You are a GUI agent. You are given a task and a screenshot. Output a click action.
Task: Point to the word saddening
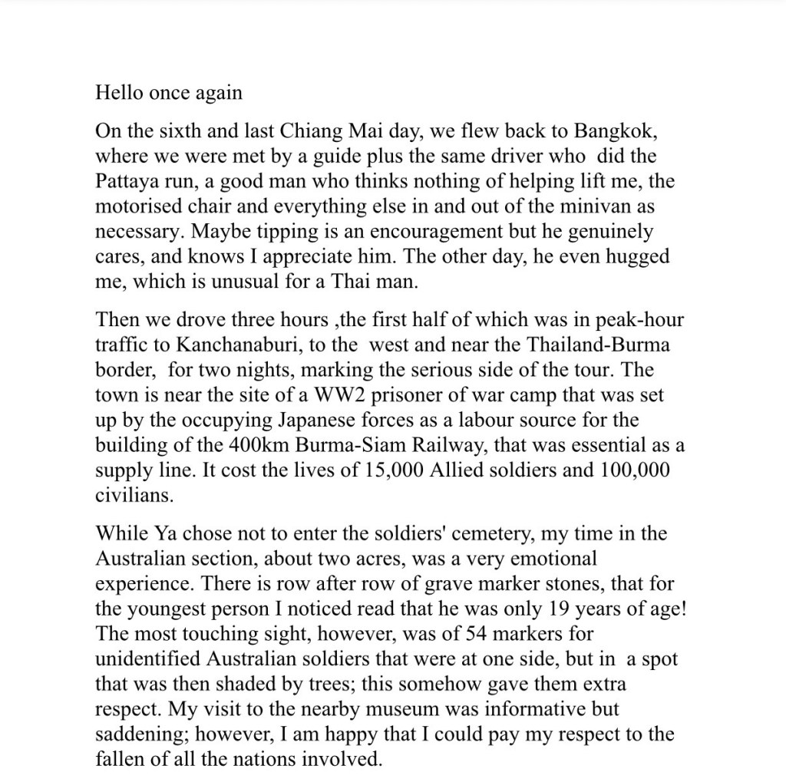(x=140, y=734)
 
